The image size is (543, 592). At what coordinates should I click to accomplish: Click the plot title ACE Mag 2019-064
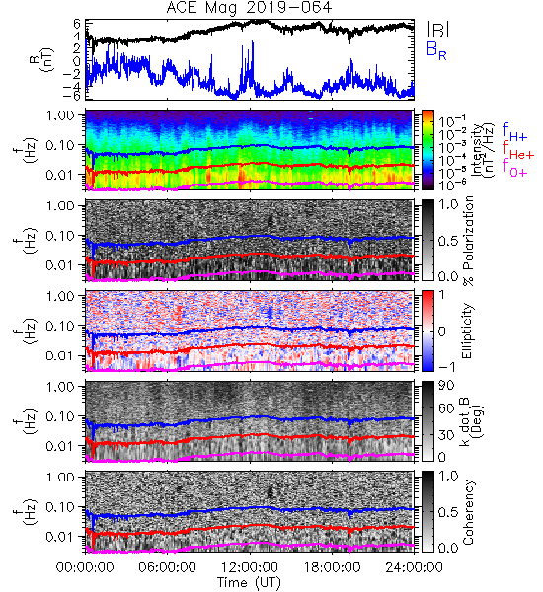(249, 8)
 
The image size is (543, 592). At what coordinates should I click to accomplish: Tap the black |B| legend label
(438, 30)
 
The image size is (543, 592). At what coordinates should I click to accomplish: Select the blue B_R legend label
(436, 50)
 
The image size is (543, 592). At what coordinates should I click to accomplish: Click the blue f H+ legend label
(514, 132)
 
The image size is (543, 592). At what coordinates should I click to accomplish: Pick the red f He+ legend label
(518, 151)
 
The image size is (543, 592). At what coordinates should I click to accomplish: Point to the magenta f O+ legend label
(514, 169)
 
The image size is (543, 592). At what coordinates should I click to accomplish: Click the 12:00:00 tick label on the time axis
(250, 567)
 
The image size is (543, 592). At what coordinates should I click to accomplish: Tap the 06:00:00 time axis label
(168, 567)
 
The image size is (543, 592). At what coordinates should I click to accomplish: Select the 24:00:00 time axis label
(414, 567)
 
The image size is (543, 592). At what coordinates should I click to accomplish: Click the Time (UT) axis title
(250, 582)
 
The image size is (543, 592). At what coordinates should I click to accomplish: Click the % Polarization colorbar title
(468, 241)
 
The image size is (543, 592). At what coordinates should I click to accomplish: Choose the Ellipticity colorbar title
(468, 332)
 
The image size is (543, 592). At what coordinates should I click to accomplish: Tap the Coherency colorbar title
(468, 512)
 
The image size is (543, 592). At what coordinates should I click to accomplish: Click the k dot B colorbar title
(471, 421)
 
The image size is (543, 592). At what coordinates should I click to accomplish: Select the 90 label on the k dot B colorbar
(446, 386)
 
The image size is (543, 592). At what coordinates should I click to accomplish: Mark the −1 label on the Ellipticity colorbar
(447, 367)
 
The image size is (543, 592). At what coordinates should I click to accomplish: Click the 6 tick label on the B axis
(77, 24)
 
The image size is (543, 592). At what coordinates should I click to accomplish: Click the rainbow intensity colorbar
(427, 150)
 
